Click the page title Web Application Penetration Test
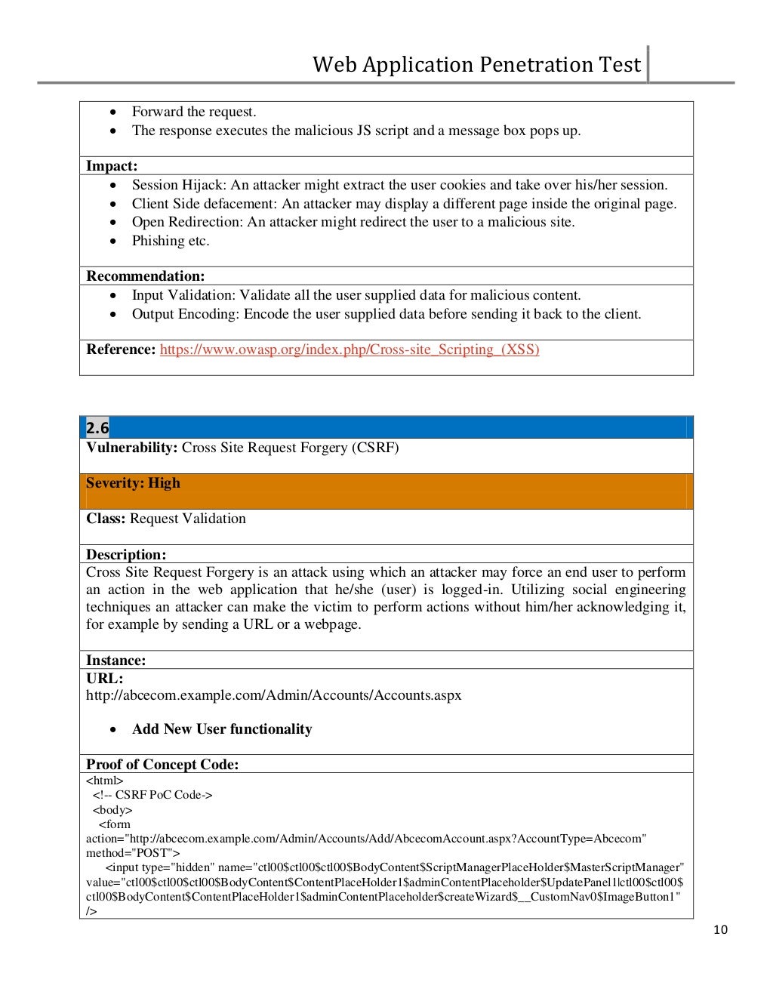[x=476, y=65]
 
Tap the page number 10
[x=720, y=930]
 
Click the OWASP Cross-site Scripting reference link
[x=349, y=350]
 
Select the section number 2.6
[x=97, y=428]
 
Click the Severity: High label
[x=133, y=483]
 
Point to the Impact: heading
[x=112, y=166]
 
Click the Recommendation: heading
[x=145, y=276]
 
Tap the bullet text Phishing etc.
[x=171, y=241]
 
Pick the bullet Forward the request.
[x=194, y=112]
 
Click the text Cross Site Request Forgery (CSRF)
[x=290, y=448]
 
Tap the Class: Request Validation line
[x=166, y=519]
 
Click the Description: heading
[x=126, y=555]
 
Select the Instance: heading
[x=115, y=661]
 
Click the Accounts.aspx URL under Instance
[x=273, y=695]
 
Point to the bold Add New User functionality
[x=222, y=729]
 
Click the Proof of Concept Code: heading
[x=162, y=765]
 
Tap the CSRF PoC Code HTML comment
[x=152, y=795]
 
